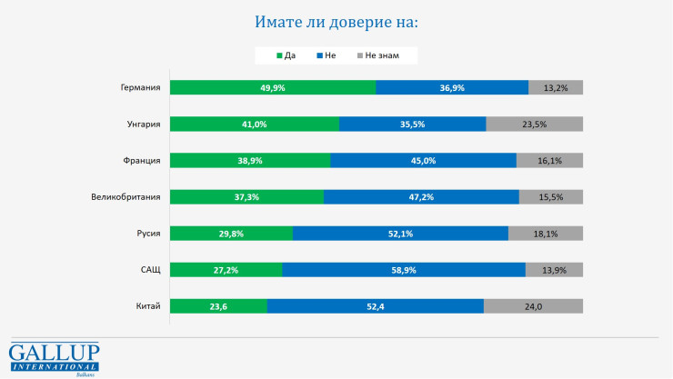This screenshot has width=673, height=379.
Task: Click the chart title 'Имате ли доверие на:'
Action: click(336, 21)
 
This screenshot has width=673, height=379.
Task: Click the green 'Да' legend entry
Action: click(286, 56)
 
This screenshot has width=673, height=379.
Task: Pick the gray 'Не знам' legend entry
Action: click(383, 56)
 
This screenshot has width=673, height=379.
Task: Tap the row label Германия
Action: click(140, 88)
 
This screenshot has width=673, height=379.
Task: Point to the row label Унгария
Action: click(144, 125)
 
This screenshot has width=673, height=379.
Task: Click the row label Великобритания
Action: click(126, 197)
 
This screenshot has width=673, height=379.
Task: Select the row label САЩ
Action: click(149, 270)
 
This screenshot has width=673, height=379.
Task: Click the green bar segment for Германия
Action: click(272, 88)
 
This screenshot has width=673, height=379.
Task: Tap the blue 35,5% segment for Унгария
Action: click(412, 125)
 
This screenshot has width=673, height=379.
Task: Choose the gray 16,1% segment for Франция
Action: click(549, 161)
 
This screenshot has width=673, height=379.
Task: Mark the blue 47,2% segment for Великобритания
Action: click(420, 197)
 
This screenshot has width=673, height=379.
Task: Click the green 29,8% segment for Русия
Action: click(231, 234)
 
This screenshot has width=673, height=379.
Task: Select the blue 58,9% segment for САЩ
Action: click(403, 270)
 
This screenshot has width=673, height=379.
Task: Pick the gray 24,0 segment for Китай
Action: click(533, 306)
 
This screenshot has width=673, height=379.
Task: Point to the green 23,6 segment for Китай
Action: click(218, 306)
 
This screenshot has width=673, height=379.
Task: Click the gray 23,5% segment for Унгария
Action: click(534, 125)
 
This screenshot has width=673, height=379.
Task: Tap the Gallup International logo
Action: click(54, 358)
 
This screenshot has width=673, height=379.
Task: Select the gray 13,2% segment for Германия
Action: click(556, 88)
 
